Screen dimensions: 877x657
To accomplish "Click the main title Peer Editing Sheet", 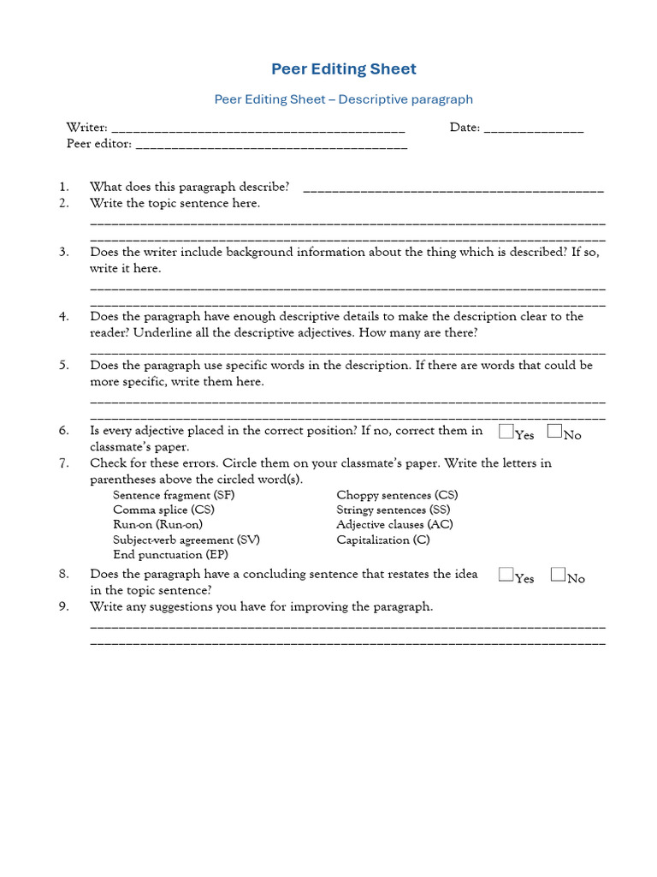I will tap(344, 69).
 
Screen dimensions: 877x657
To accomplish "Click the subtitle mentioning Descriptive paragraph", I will tap(344, 99).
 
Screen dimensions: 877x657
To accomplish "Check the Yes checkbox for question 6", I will tap(506, 431).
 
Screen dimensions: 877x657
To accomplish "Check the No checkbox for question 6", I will tap(554, 431).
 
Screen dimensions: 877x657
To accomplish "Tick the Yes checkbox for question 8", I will tap(506, 575).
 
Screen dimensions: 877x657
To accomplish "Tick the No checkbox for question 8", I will tap(558, 575).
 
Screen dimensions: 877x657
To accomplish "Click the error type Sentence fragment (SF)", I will tap(174, 495).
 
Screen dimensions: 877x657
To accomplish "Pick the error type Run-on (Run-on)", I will tap(157, 525).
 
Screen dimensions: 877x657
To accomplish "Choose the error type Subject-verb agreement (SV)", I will tap(186, 540).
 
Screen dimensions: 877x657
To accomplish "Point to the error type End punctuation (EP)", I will tap(170, 555).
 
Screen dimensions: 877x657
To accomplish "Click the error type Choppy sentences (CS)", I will tap(397, 495).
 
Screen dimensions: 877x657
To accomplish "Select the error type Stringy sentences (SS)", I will tap(394, 510).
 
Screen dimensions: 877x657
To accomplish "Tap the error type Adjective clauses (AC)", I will tap(394, 525).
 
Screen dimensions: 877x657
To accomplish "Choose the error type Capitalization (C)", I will tap(383, 540).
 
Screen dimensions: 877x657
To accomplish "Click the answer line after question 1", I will tap(453, 189).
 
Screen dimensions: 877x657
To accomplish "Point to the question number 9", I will tap(63, 606).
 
